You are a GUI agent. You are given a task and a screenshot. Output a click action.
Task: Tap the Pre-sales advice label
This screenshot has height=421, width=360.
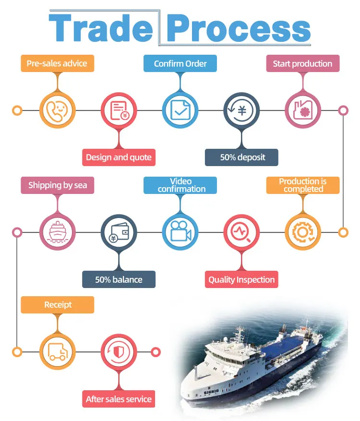(57, 63)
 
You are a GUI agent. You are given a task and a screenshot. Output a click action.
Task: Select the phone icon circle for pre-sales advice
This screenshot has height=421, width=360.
(57, 110)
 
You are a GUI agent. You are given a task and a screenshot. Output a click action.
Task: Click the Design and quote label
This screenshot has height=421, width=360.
(119, 157)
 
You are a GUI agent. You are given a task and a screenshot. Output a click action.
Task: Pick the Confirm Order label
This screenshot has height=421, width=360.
(180, 63)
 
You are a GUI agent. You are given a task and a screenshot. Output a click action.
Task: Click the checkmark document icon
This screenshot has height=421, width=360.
(180, 110)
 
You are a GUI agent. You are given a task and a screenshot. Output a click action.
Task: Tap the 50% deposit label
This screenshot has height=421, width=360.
(241, 157)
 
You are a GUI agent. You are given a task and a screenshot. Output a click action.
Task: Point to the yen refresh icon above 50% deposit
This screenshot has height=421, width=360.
(241, 110)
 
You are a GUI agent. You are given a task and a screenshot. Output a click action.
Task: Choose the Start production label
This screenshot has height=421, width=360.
(302, 63)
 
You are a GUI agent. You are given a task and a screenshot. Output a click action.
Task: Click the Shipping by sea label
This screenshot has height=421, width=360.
(57, 185)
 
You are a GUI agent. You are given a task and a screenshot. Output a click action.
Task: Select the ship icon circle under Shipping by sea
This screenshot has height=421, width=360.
(57, 232)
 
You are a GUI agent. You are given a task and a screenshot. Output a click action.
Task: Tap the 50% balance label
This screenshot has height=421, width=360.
(119, 279)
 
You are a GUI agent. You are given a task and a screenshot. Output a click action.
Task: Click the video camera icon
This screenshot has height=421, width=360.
(180, 232)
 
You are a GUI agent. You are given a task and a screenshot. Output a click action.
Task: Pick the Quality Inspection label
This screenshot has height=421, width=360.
(241, 279)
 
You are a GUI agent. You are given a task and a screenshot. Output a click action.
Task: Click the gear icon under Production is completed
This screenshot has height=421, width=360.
(302, 232)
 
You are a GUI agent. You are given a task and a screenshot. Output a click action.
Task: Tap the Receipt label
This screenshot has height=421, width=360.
(57, 305)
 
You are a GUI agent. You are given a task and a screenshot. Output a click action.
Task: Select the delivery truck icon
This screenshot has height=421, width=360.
(57, 352)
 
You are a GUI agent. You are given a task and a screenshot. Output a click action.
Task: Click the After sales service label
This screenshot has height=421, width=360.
(119, 399)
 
